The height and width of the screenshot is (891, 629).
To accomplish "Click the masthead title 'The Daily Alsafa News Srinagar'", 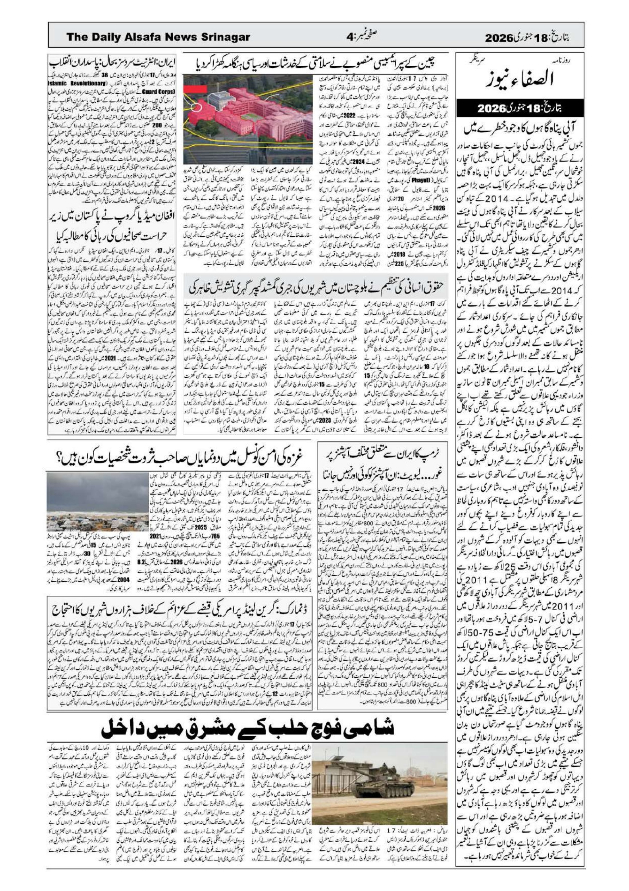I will tap(158, 37).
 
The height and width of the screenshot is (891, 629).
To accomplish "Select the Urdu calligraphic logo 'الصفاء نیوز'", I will tap(521, 77).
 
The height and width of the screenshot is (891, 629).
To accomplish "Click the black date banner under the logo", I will tap(521, 108).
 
